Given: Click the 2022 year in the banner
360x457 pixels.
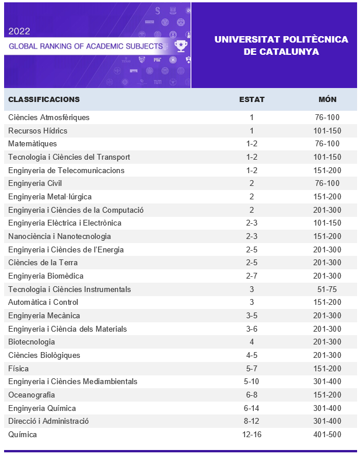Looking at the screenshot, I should click(20, 31).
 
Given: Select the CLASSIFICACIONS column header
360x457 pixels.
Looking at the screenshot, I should click(44, 99).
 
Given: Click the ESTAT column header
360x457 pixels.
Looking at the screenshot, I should click(252, 99).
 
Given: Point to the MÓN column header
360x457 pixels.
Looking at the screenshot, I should click(327, 99).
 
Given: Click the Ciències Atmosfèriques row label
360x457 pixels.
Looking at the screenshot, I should click(49, 118).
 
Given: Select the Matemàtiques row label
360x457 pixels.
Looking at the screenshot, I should click(33, 144).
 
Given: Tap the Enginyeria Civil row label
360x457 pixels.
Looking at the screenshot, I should click(35, 184).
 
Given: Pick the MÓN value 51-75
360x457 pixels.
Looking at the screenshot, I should click(327, 289).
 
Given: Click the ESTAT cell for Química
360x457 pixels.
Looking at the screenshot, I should click(252, 435).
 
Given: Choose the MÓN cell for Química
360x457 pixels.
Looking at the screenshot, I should click(327, 435).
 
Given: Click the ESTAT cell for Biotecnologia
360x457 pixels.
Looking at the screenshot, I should click(252, 342).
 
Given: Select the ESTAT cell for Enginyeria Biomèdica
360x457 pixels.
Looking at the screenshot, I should click(252, 276).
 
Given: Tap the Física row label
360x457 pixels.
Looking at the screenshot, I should click(19, 368).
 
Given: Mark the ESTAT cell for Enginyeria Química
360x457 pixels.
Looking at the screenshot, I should click(252, 408).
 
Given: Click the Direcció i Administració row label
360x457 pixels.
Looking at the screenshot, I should click(48, 421).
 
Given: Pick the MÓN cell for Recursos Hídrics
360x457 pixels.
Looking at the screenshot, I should click(327, 131).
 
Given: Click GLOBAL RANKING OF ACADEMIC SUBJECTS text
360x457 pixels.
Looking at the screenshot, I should click(86, 45).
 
